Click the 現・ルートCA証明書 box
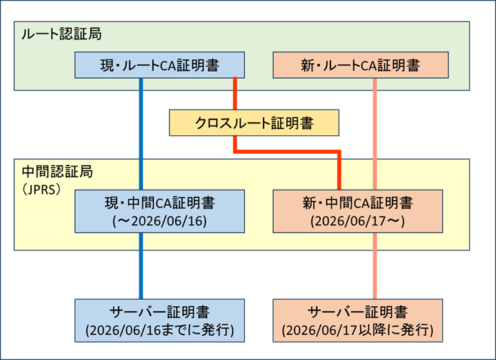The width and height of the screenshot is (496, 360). [159, 66]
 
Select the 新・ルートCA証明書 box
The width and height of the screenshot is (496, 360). [360, 66]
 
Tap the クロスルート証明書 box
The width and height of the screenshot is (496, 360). [254, 123]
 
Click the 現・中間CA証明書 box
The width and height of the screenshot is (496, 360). [159, 210]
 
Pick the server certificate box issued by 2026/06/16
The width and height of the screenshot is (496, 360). [159, 321]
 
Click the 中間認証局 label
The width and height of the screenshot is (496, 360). [57, 170]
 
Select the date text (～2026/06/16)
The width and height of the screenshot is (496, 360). [159, 221]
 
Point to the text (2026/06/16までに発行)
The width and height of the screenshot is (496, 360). [159, 331]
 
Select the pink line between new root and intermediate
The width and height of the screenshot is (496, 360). [375, 131]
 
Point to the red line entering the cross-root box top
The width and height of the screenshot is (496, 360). [235, 93]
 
